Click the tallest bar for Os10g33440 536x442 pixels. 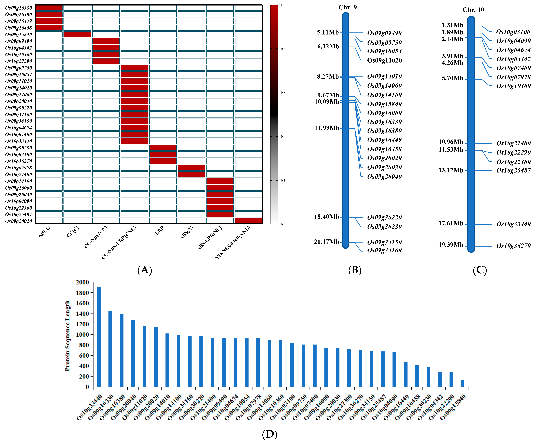[99, 337]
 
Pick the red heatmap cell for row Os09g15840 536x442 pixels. [77, 34]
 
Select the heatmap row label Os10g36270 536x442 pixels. [19, 161]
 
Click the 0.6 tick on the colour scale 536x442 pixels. [283, 93]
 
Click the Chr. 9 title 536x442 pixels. [348, 7]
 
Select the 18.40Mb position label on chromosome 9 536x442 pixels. [326, 217]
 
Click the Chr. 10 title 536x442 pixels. [473, 10]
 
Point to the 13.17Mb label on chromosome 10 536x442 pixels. [451, 170]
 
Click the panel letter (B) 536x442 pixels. [355, 270]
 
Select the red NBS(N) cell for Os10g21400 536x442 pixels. [191, 174]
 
